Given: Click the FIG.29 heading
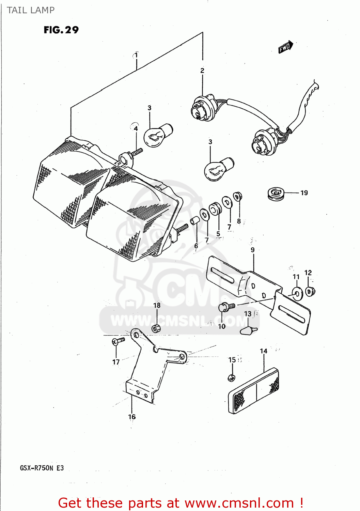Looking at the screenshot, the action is pyautogui.click(x=61, y=30).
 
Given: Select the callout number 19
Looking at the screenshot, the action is pyautogui.click(x=304, y=193).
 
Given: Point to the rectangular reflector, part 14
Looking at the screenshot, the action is pyautogui.click(x=254, y=391).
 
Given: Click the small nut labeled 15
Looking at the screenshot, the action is pyautogui.click(x=231, y=377).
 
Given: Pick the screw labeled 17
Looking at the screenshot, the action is pyautogui.click(x=118, y=341).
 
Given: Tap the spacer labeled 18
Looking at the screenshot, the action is pyautogui.click(x=156, y=329).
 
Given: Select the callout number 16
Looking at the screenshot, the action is pyautogui.click(x=132, y=417).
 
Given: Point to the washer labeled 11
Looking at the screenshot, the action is pyautogui.click(x=297, y=293).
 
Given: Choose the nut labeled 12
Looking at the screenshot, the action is pyautogui.click(x=310, y=291).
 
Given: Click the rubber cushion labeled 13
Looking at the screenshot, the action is pyautogui.click(x=249, y=330).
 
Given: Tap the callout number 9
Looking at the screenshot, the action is pyautogui.click(x=252, y=250).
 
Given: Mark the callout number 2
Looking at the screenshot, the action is pyautogui.click(x=202, y=71).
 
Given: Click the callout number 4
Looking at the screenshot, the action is pyautogui.click(x=136, y=129).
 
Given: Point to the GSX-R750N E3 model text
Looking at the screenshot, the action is pyautogui.click(x=42, y=468).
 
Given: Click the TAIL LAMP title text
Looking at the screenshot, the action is pyautogui.click(x=31, y=10).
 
